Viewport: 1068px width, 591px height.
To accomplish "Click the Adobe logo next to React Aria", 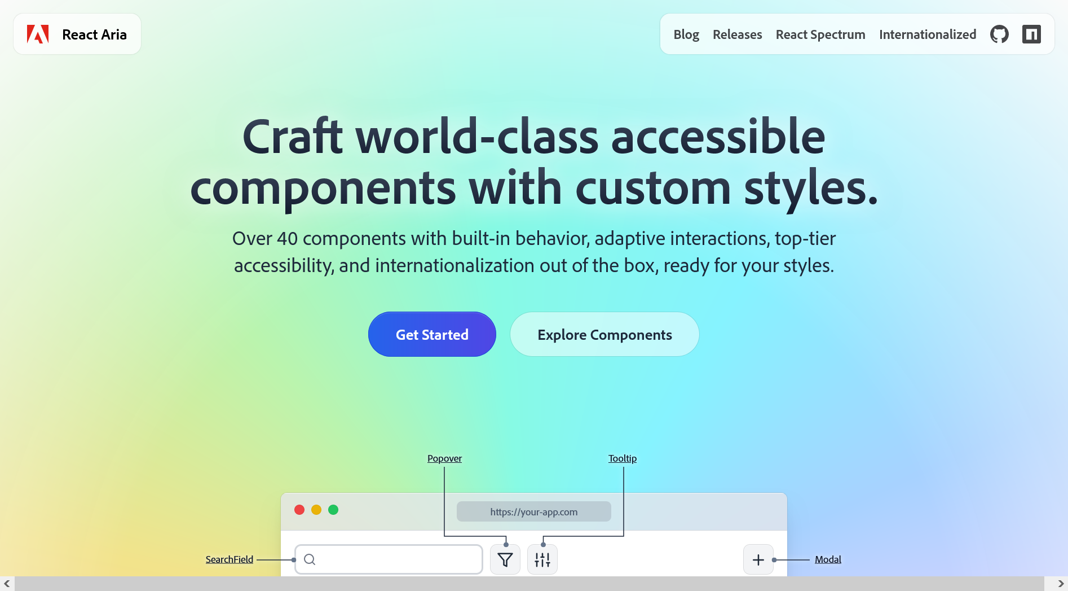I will click(x=38, y=34).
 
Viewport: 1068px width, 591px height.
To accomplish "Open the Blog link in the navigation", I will click(x=686, y=34).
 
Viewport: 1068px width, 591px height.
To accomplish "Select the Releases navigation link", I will click(x=737, y=34).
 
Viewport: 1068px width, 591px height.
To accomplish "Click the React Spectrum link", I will click(x=820, y=34).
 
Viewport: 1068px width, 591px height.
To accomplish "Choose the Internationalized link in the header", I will click(x=928, y=34).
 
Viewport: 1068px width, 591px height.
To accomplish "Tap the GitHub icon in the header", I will click(x=999, y=34).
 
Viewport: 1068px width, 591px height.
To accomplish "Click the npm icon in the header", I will click(x=1031, y=34).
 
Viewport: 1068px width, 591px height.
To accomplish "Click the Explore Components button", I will click(x=604, y=335).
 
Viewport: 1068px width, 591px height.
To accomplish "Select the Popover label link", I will click(x=444, y=458).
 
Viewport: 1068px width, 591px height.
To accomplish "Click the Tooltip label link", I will click(x=623, y=458).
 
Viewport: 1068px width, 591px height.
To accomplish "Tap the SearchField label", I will click(x=229, y=559).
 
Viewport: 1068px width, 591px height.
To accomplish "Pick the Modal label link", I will click(x=828, y=559).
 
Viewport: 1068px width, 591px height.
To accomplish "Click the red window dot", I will click(x=299, y=510).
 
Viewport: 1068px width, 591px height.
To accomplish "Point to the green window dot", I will click(x=333, y=510).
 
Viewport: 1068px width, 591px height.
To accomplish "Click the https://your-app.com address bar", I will click(x=533, y=512).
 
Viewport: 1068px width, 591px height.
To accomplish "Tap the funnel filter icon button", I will click(x=505, y=560).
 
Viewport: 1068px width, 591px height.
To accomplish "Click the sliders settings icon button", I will click(x=542, y=560).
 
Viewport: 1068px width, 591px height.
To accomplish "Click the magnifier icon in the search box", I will click(x=310, y=559).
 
